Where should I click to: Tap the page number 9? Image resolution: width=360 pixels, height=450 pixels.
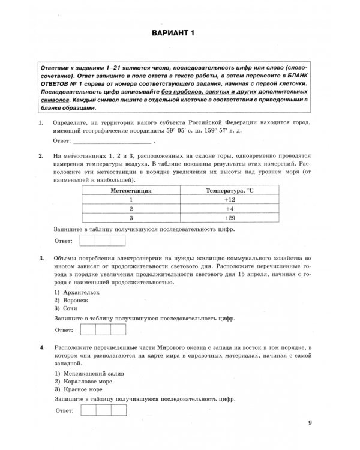310,423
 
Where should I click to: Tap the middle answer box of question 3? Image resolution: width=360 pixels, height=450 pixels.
103,329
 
